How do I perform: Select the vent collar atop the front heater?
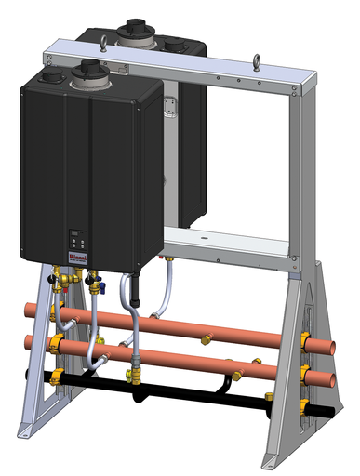pos(88,71)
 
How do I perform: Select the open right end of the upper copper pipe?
pos(332,347)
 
